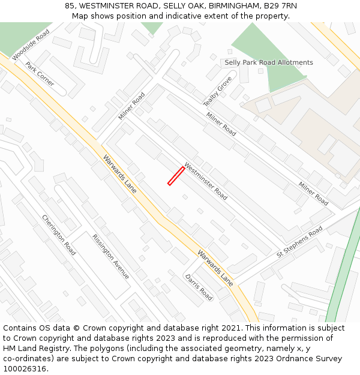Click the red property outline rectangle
pos(176,176)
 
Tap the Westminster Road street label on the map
pos(206,181)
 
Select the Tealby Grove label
pos(217,91)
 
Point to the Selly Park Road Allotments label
pos(268,62)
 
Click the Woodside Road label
pos(31,45)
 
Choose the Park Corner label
pos(40,74)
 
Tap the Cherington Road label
pos(59,235)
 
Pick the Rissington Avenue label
pos(111,256)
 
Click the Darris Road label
pos(199,287)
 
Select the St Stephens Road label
pos(299,242)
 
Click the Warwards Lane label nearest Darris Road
pos(215,268)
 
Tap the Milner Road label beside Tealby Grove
pos(221,124)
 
